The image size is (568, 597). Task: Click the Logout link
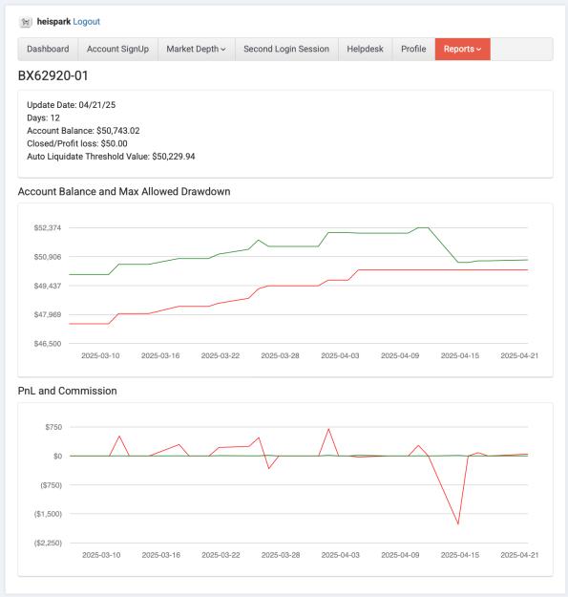point(86,22)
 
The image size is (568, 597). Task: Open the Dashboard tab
point(48,49)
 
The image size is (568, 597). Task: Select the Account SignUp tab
point(118,49)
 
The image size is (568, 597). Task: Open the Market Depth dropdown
point(197,49)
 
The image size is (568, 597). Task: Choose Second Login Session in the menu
point(286,49)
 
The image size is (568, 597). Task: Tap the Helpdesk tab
point(366,49)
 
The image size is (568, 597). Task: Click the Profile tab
point(413,49)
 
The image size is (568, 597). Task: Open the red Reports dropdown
point(463,49)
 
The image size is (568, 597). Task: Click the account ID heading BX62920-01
point(53,75)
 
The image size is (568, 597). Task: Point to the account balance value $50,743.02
point(118,131)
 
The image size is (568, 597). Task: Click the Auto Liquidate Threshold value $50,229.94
point(174,157)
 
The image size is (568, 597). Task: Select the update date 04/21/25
point(97,105)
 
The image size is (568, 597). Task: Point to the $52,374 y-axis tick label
point(48,227)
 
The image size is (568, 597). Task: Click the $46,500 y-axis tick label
point(48,344)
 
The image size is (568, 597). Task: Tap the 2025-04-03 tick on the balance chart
point(340,355)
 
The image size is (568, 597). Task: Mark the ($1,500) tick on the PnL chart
point(48,514)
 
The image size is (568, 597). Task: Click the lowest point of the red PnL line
point(458,523)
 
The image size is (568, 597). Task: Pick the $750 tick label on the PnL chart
point(53,427)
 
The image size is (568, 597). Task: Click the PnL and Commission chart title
point(68,391)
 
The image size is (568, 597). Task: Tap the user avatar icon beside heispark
point(26,22)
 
